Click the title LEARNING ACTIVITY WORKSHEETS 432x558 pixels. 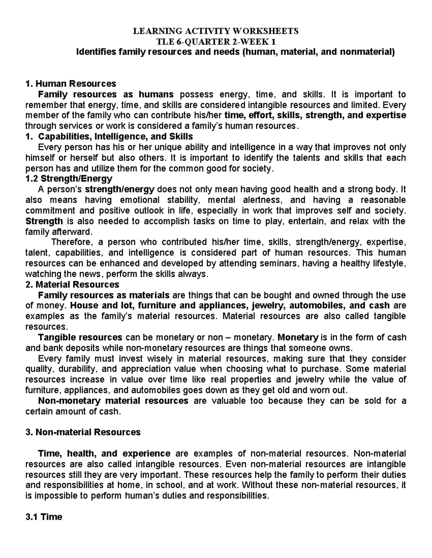[x=216, y=31]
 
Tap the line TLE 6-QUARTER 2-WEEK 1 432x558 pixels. [x=216, y=41]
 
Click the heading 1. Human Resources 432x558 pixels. [x=71, y=84]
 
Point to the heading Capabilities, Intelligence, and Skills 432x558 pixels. [x=116, y=137]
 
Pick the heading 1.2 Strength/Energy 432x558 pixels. [x=69, y=179]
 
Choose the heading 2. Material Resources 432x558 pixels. [x=72, y=285]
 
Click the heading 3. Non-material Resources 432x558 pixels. [x=83, y=432]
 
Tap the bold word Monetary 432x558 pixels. [x=298, y=337]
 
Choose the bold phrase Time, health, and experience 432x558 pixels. [x=104, y=453]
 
